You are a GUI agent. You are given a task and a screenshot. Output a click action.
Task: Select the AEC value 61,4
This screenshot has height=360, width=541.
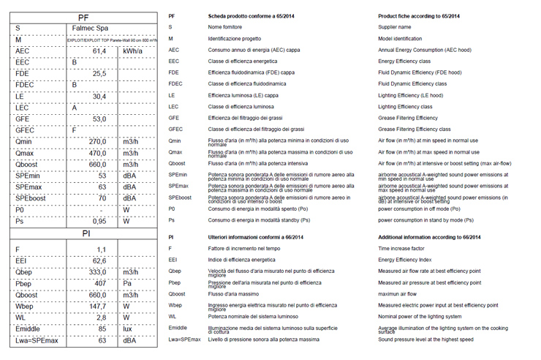99,51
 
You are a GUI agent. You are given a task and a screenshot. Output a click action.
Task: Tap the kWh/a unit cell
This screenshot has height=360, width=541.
132,51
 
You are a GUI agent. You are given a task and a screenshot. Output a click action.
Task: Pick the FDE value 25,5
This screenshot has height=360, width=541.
99,73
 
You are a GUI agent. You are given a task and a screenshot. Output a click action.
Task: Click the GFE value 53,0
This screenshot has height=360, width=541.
99,119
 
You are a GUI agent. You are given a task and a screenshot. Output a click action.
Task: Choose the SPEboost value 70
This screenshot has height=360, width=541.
102,198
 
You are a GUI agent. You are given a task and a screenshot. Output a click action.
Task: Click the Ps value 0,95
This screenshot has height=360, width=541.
99,221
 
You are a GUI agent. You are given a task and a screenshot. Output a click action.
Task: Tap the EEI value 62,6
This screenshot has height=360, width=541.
99,260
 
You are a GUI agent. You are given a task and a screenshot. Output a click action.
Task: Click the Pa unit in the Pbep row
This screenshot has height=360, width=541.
129,282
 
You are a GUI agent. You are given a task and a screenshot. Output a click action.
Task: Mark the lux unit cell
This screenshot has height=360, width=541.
130,329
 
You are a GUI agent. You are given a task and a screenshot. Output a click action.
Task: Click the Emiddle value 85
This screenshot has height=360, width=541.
102,329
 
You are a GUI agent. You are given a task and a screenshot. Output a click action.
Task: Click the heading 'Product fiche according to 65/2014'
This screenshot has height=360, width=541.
418,15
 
